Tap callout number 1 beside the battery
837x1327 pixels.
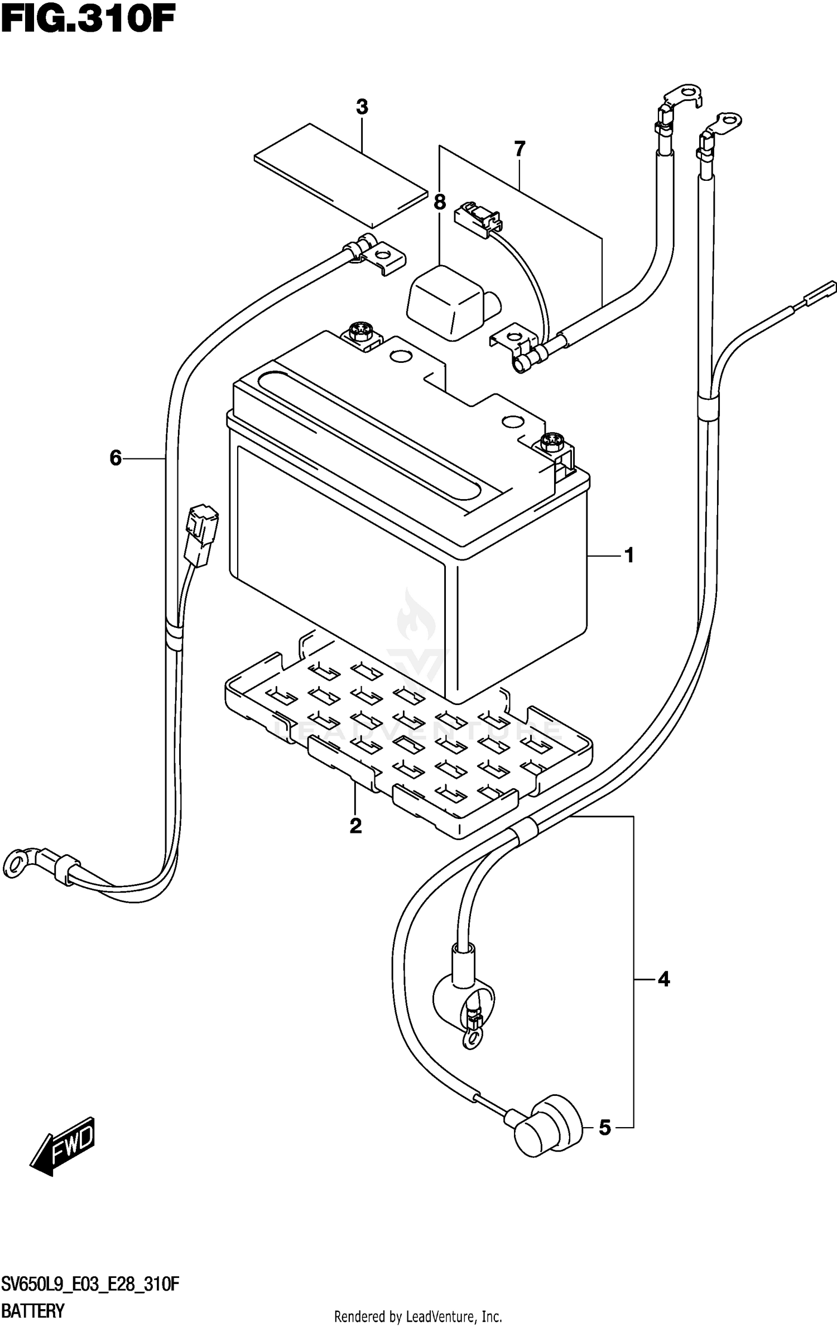(x=629, y=555)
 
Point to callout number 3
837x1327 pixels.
(x=362, y=107)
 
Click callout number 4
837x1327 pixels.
(x=663, y=979)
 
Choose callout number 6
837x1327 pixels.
(x=116, y=458)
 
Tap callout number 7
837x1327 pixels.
(x=519, y=150)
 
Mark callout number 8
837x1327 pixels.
(x=440, y=202)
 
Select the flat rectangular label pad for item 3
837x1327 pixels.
(x=339, y=175)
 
